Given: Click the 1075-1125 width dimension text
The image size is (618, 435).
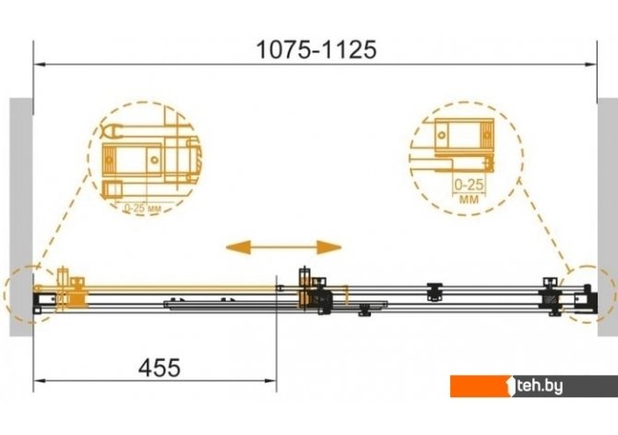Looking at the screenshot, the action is click(x=316, y=50).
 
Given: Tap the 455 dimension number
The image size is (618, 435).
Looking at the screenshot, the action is click(x=160, y=368).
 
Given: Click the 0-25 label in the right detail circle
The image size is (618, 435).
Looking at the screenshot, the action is click(x=469, y=185).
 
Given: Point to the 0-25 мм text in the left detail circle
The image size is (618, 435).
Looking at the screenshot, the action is click(x=143, y=208).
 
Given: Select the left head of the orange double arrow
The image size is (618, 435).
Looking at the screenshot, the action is click(x=238, y=248).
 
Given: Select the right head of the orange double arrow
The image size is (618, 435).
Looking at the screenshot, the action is click(x=329, y=248).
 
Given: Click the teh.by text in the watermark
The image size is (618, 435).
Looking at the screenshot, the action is click(x=540, y=386).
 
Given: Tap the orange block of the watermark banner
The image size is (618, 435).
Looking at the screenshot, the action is click(x=481, y=386).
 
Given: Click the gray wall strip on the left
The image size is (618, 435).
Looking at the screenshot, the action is click(x=21, y=217).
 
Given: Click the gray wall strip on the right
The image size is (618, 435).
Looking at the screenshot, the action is click(x=607, y=217).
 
